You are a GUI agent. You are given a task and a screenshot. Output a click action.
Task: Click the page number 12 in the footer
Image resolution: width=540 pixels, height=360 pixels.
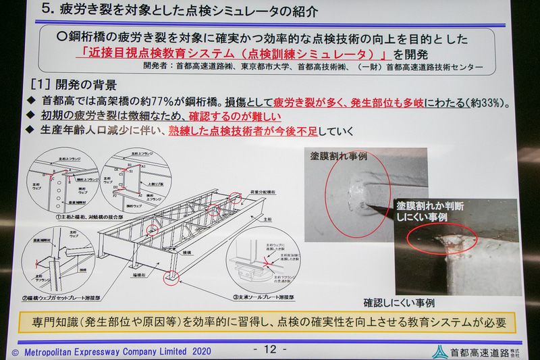pyautogui.click(x=269, y=349)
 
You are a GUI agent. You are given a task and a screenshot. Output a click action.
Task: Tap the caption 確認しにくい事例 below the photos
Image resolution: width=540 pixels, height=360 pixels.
pyautogui.click(x=398, y=302)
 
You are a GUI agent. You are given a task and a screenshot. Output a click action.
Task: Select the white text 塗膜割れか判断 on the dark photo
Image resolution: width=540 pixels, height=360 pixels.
pyautogui.click(x=431, y=205)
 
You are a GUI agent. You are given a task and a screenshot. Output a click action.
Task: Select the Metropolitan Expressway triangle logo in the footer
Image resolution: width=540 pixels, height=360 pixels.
pyautogui.click(x=439, y=351)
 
